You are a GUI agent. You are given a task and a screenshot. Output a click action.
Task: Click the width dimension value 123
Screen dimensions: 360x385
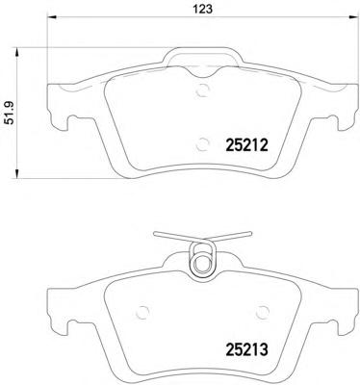(203, 9)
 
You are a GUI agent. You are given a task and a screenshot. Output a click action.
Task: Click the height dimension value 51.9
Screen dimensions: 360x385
(11, 112)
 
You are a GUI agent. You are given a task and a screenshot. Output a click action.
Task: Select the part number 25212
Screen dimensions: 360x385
(246, 146)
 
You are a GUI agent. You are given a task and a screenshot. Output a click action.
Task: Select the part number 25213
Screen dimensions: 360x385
(246, 349)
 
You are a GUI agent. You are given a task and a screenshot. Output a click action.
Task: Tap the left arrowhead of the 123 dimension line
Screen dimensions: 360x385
(52, 17)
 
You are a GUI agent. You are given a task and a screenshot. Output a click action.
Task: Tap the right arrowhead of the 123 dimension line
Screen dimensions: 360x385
(352, 17)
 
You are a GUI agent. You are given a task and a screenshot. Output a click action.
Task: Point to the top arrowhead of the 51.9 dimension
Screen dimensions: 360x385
(16, 52)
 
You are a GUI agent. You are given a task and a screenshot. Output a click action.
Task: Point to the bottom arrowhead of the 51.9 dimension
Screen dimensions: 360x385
(16, 173)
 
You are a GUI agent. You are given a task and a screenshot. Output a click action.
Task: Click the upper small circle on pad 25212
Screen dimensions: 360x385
(202, 90)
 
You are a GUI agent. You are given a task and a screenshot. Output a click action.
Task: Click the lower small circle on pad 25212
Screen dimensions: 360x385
(202, 143)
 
